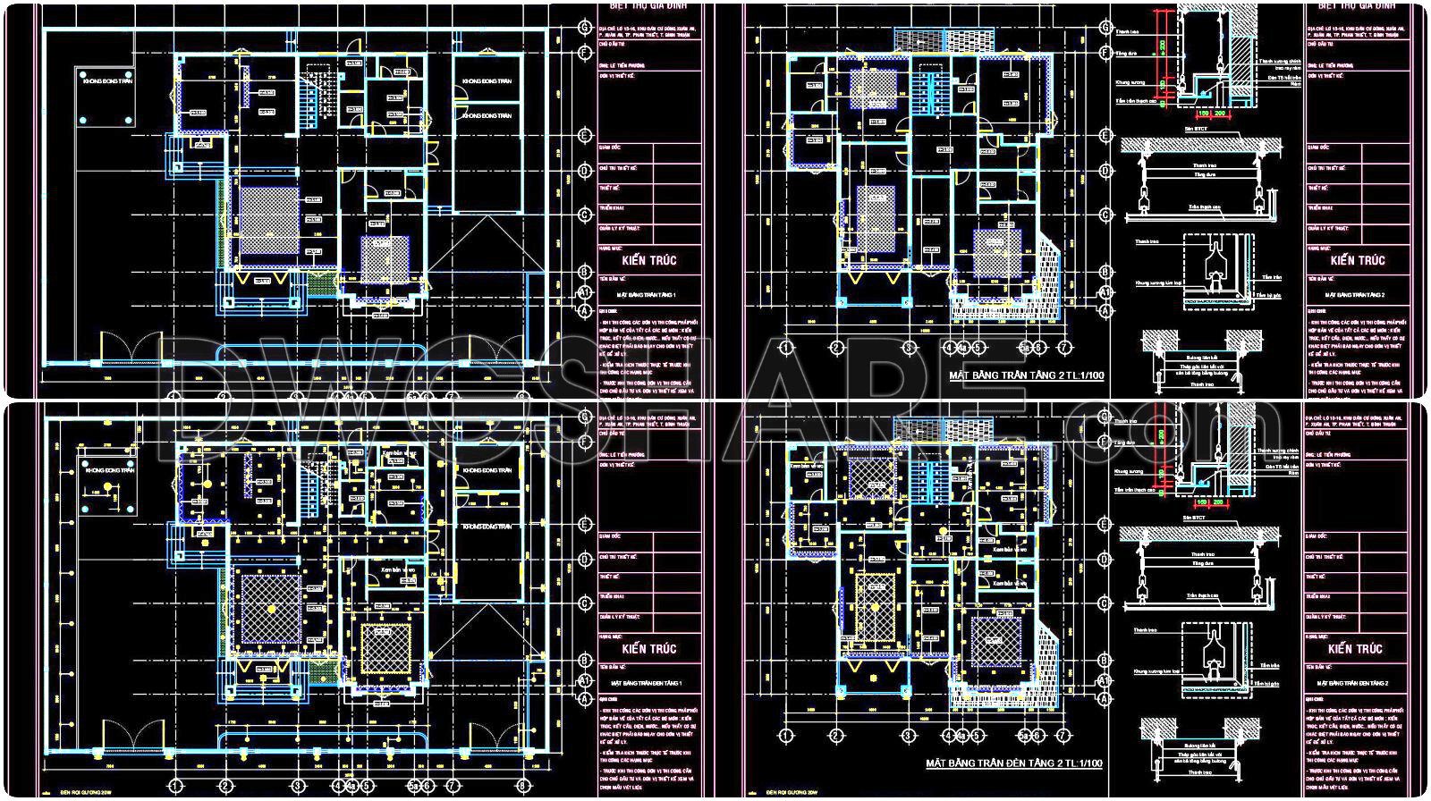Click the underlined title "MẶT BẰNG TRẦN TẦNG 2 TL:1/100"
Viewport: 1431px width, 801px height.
click(1026, 376)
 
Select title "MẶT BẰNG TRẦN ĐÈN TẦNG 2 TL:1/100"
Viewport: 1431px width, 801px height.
click(1013, 763)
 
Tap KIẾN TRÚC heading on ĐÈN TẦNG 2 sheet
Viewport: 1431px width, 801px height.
click(1357, 649)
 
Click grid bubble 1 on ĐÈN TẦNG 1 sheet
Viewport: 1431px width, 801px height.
click(176, 785)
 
